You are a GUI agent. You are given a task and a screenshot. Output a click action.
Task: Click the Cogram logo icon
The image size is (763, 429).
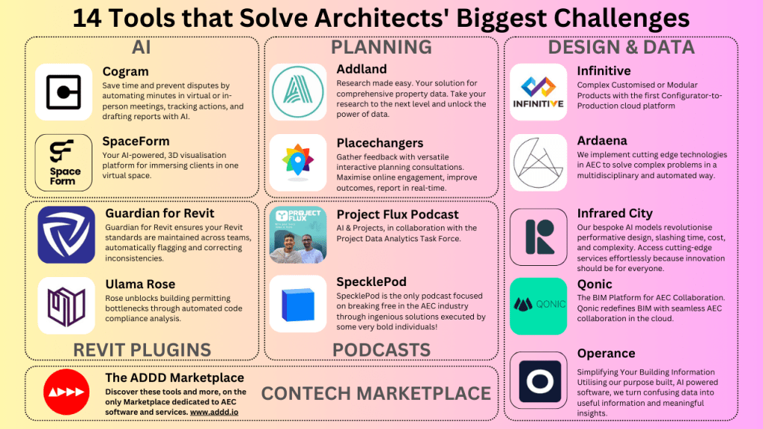tap(64, 92)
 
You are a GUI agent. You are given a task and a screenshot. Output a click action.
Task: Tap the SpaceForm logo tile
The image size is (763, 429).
tap(64, 162)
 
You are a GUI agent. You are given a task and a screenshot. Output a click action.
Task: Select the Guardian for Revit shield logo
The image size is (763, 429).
tap(66, 235)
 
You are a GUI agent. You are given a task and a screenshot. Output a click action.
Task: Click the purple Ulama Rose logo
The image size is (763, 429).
tap(66, 305)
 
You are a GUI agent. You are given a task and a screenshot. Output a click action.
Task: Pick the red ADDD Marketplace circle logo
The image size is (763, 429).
tap(66, 392)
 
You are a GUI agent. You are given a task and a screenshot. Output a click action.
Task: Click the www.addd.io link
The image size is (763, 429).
tap(214, 412)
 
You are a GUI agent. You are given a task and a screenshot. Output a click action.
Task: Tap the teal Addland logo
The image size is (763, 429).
tap(298, 92)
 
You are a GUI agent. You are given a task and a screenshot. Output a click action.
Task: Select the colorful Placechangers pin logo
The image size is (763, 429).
tap(298, 162)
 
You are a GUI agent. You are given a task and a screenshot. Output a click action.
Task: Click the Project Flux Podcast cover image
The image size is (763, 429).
tap(298, 235)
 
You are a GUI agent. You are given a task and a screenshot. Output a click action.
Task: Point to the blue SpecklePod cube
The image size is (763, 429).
tap(298, 305)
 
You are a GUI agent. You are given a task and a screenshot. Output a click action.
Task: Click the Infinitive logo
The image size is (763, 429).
tap(538, 92)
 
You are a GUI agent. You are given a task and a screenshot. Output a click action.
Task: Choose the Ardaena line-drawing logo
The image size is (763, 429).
tap(538, 162)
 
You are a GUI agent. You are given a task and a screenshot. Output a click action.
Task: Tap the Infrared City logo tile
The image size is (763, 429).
tap(538, 237)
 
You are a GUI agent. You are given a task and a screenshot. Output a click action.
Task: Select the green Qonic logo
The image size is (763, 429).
tap(538, 306)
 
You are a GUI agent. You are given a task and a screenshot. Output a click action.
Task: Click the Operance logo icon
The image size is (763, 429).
tap(538, 381)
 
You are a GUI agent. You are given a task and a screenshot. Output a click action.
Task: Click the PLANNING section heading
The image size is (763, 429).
tap(381, 47)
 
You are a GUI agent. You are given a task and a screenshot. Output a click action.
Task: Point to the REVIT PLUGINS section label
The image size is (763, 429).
tap(142, 350)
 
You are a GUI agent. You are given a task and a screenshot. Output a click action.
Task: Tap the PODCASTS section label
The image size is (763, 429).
tap(381, 350)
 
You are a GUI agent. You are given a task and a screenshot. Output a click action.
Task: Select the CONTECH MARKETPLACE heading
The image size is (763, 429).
tap(376, 393)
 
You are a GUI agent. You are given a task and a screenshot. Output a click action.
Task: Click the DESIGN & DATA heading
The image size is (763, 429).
tap(621, 47)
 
